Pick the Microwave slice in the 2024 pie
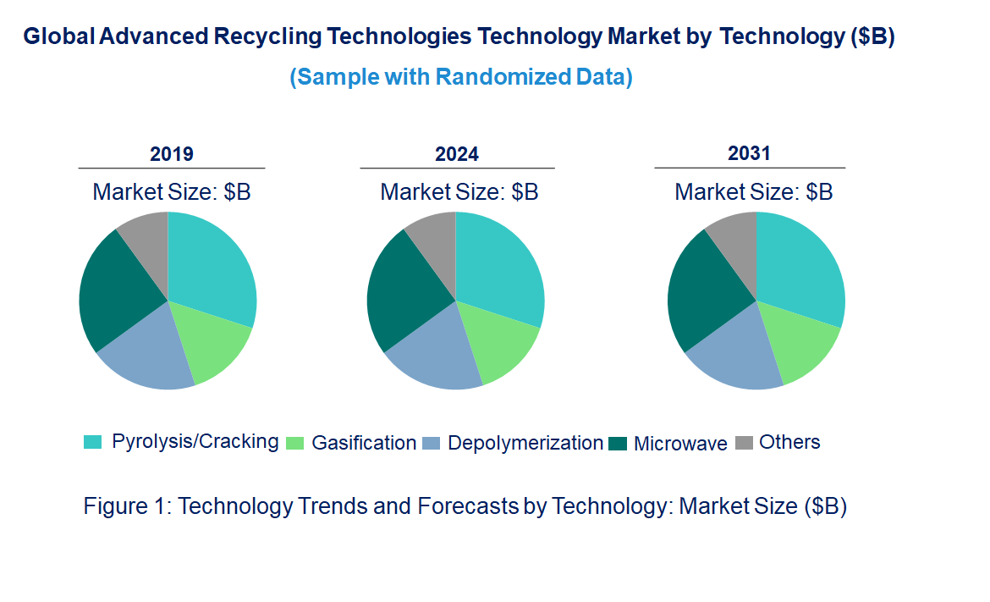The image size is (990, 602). pos(402,288)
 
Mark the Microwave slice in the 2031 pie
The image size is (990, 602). pos(702,288)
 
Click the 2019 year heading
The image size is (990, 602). pos(172,154)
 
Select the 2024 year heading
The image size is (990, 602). pos(457,154)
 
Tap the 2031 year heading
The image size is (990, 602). pos(750,153)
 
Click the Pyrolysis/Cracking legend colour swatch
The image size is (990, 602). pos(92,442)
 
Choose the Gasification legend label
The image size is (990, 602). pos(364,443)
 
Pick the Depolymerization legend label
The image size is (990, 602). pos(525,443)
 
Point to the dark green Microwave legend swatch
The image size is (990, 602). pos(618,443)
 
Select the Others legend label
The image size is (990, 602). pos(789,442)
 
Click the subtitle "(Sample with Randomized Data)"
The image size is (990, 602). pos(461,77)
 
